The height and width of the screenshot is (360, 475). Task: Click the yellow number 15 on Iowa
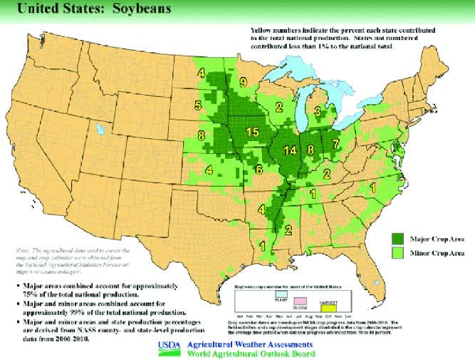[x=252, y=133]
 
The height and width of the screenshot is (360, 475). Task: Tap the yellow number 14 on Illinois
[x=289, y=150]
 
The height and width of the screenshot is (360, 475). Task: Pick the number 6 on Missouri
[x=259, y=170]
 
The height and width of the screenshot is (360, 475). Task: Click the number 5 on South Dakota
[x=197, y=106]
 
